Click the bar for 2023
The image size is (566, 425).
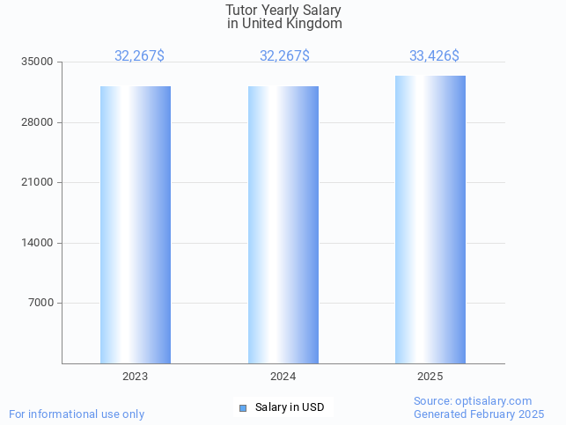click(136, 224)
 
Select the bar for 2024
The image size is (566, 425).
click(283, 224)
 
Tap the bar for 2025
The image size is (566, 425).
click(430, 219)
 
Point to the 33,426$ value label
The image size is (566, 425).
click(434, 56)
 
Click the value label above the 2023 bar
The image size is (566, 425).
click(139, 56)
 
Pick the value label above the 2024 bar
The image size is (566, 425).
click(284, 56)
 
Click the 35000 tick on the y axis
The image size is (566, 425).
click(38, 62)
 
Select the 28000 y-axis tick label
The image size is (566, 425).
click(38, 122)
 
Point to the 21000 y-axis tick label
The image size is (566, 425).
click(38, 183)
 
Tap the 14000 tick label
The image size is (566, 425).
click(38, 243)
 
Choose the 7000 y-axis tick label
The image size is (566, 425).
click(40, 304)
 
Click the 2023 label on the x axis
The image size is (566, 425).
click(136, 377)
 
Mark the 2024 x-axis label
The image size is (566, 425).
click(283, 377)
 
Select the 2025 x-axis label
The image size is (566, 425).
click(430, 377)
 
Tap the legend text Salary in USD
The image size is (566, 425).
click(290, 407)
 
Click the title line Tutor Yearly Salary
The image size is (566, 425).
click(283, 11)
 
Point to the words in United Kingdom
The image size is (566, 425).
click(283, 24)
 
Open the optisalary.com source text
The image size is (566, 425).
click(473, 401)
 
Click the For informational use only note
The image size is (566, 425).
click(77, 414)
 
